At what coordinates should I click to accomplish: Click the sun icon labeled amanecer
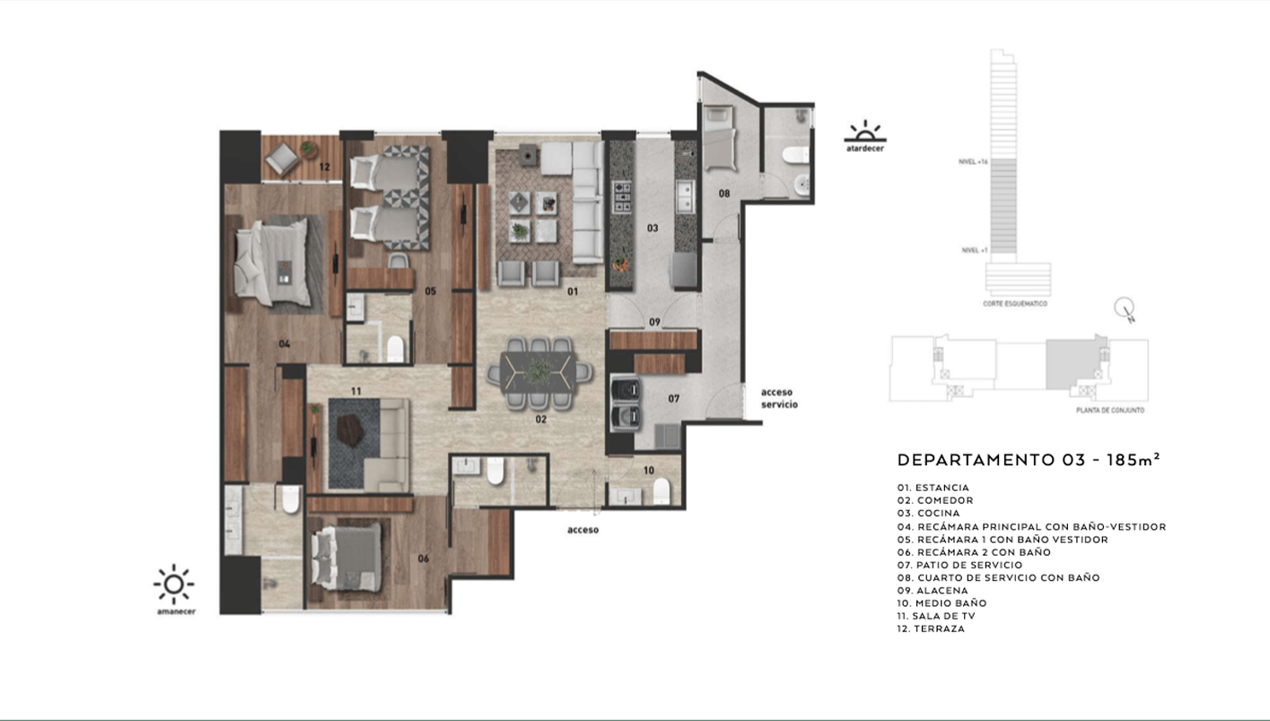coord(174,585)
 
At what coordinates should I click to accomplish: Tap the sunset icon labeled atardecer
coord(865,132)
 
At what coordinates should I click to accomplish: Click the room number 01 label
coord(573,291)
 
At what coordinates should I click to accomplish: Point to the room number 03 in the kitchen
coord(653,228)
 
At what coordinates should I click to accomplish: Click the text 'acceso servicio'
coord(779,399)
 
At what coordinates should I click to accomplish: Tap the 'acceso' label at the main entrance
coord(582,530)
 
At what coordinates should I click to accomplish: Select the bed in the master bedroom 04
coord(274,263)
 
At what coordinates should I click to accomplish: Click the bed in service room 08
coord(719,138)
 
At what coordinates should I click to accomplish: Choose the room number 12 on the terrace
coord(324,167)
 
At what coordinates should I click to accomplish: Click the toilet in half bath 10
coord(661,490)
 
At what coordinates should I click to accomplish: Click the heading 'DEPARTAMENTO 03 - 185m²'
coord(1029,460)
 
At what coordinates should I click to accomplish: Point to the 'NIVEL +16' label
coord(973,163)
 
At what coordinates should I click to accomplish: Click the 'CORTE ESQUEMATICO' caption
coord(1015,303)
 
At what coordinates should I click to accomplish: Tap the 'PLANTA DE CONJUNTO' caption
coord(1109,410)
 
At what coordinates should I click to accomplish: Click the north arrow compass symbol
coord(1124,310)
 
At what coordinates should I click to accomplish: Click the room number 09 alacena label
coord(654,321)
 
